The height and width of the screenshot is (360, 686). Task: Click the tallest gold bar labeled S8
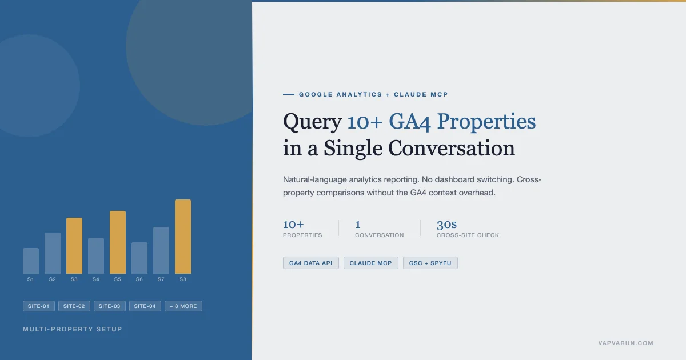coord(183,237)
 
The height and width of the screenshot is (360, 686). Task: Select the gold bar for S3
coord(74,246)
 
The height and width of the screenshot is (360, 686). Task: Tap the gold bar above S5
coord(118,242)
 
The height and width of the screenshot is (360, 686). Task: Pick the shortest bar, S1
coord(31,261)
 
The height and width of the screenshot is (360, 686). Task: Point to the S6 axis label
coord(139,279)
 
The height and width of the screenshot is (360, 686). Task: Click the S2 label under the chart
coord(53,279)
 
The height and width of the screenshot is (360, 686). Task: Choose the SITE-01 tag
coord(39,306)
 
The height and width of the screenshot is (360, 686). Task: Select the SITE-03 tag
coord(110,306)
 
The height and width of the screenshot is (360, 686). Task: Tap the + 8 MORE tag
coord(184,306)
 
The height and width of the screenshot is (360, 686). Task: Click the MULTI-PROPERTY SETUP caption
coord(73,329)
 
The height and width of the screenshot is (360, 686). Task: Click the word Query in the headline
coord(312,122)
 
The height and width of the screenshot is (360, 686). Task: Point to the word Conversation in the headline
coord(452,148)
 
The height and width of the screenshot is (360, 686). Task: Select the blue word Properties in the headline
coord(486,122)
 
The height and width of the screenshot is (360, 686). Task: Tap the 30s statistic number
coord(446,225)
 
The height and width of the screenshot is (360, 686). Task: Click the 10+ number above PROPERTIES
coord(293,225)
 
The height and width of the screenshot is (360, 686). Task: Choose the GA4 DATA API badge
coord(311,263)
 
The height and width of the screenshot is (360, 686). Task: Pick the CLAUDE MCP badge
coord(371,263)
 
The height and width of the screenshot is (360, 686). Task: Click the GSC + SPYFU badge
coord(430,263)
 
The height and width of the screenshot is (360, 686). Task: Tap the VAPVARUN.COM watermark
coord(626,343)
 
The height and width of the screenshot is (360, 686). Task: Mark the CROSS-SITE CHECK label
coord(468,235)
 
